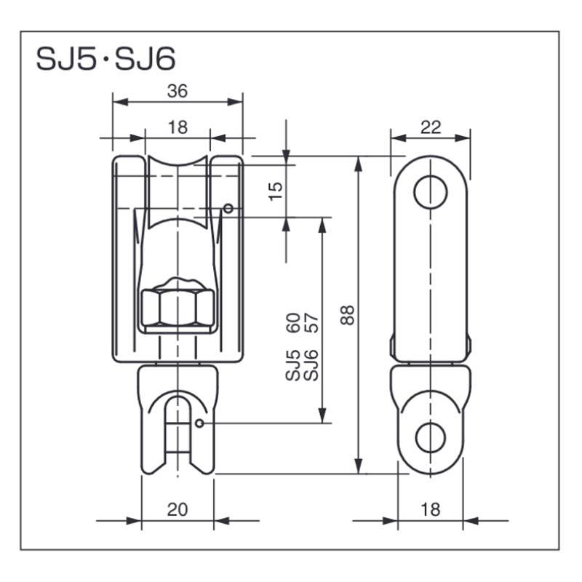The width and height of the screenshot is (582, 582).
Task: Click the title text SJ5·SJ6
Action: (105, 58)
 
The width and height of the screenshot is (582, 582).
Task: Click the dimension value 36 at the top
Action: (177, 91)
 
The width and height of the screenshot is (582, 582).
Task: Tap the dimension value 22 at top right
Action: (431, 127)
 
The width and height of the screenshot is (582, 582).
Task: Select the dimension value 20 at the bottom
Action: (177, 509)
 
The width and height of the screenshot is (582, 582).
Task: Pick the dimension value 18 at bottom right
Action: (431, 509)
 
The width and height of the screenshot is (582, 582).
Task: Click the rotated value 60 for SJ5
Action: (293, 322)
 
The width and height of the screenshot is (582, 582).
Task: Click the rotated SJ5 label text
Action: (293, 364)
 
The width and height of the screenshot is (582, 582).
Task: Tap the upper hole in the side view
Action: (430, 191)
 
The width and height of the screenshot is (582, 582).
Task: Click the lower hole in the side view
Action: (430, 437)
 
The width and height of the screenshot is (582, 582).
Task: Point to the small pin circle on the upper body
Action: (228, 210)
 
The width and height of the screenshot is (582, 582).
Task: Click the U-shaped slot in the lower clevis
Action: (178, 422)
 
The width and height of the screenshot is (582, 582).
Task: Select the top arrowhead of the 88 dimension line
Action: (357, 164)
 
